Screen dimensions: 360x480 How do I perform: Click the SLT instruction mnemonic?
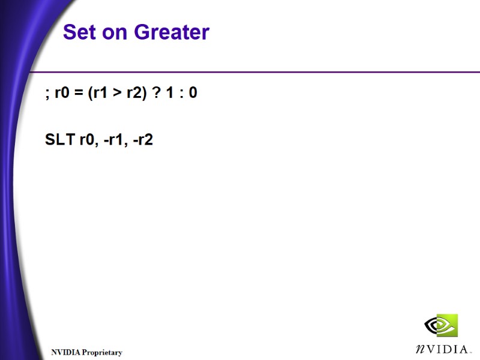coord(60,140)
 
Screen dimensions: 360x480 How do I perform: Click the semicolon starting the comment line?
coord(47,95)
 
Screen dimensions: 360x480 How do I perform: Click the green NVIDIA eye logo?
coord(441,326)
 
